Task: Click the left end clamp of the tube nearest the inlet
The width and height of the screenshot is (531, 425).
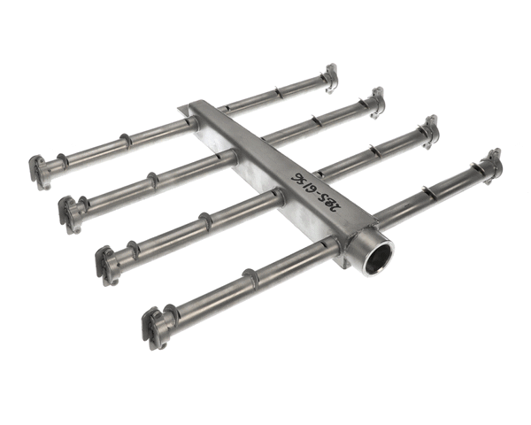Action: point(156,326)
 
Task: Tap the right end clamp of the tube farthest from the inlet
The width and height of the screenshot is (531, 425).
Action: point(330,78)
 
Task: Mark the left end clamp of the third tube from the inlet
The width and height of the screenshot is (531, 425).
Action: point(70,212)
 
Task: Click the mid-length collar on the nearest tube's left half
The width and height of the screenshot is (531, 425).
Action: point(250,279)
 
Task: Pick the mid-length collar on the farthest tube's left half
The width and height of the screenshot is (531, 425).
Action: point(125,142)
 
